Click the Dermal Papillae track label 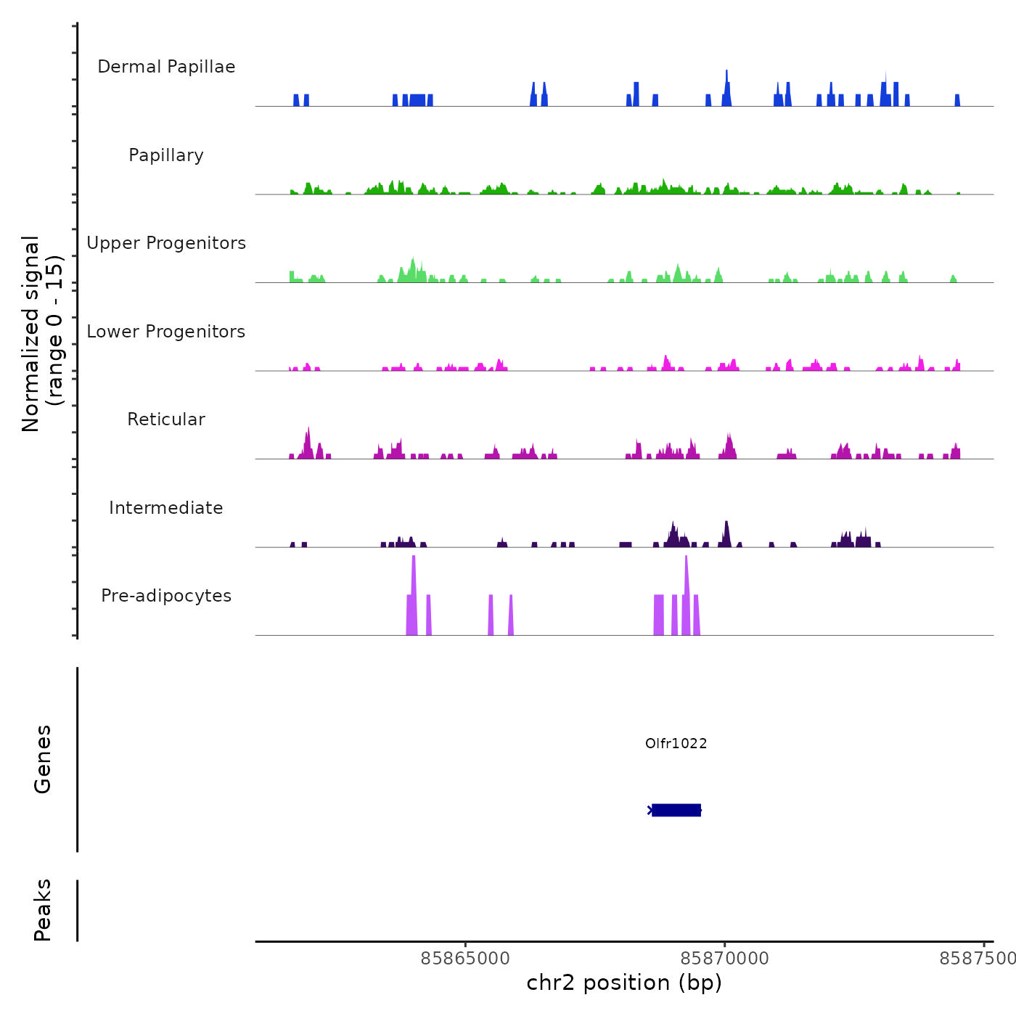click(166, 67)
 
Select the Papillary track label click(166, 155)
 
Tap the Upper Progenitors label click(166, 243)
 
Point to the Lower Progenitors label click(166, 332)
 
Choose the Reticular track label click(166, 419)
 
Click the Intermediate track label click(166, 508)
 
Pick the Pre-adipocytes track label click(166, 596)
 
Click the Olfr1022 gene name click(676, 743)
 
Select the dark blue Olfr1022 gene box click(676, 810)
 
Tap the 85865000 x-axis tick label click(465, 958)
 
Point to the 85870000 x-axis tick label click(724, 958)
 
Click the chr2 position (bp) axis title click(624, 983)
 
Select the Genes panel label click(43, 759)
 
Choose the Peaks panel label click(43, 910)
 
